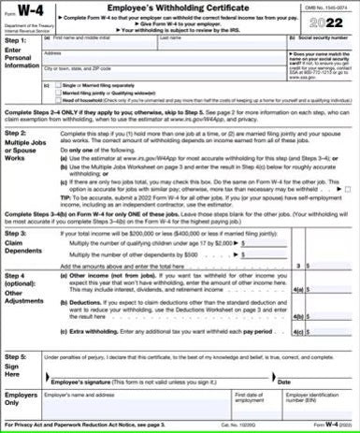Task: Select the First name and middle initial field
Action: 103,45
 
